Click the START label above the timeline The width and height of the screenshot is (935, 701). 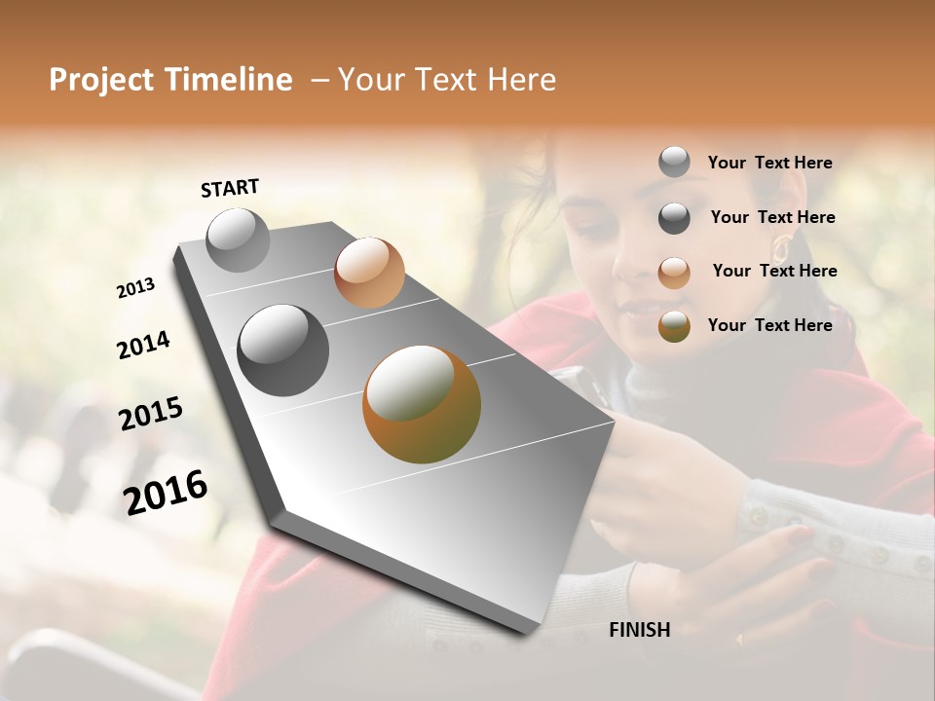point(230,188)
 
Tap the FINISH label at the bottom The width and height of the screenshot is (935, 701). point(639,630)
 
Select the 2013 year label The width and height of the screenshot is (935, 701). point(135,288)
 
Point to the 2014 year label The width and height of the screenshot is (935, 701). point(143,345)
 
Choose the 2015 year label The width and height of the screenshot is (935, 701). point(151,414)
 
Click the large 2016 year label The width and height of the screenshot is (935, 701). point(166,493)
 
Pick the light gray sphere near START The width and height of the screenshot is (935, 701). point(238,240)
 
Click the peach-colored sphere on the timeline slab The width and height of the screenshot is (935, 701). point(369,273)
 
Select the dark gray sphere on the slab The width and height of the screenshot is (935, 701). point(282,350)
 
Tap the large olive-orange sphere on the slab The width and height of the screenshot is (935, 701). point(422,404)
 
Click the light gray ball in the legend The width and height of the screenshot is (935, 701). point(674,163)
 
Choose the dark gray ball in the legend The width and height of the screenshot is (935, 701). point(674,218)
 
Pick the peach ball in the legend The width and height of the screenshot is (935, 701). point(674,272)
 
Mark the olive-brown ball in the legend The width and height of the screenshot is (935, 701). point(674,326)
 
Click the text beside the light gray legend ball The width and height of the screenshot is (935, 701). point(769,163)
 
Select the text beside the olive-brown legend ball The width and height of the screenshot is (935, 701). point(769,325)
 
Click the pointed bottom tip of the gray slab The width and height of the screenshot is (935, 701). point(527,635)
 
